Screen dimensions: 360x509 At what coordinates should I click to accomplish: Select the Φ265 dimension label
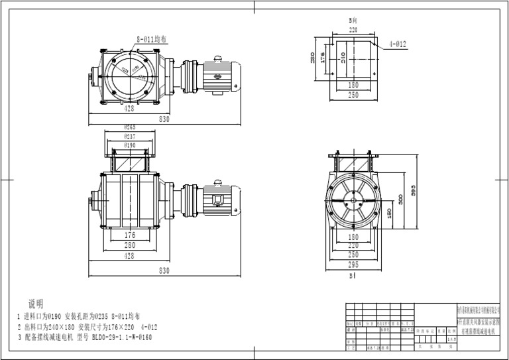(x=130, y=127)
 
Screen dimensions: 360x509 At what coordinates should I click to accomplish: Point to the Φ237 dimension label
(x=130, y=136)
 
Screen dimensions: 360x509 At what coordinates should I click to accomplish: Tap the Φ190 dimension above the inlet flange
(x=130, y=145)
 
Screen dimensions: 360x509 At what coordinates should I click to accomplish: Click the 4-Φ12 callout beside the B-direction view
(x=398, y=44)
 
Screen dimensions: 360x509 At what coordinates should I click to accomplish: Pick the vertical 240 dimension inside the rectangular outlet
(x=343, y=60)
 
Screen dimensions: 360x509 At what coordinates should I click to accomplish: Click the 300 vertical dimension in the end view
(x=400, y=199)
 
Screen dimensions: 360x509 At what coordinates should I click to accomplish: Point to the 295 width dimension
(x=353, y=263)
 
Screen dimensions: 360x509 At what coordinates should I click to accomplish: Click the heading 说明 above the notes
(x=36, y=304)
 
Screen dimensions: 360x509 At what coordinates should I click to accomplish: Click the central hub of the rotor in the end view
(x=353, y=200)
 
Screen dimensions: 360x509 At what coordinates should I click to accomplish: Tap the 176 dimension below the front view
(x=130, y=235)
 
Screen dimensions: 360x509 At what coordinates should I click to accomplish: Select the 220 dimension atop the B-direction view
(x=353, y=30)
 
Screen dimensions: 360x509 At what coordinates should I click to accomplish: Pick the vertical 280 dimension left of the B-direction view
(x=313, y=58)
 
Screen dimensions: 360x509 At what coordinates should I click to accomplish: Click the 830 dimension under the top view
(x=164, y=119)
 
